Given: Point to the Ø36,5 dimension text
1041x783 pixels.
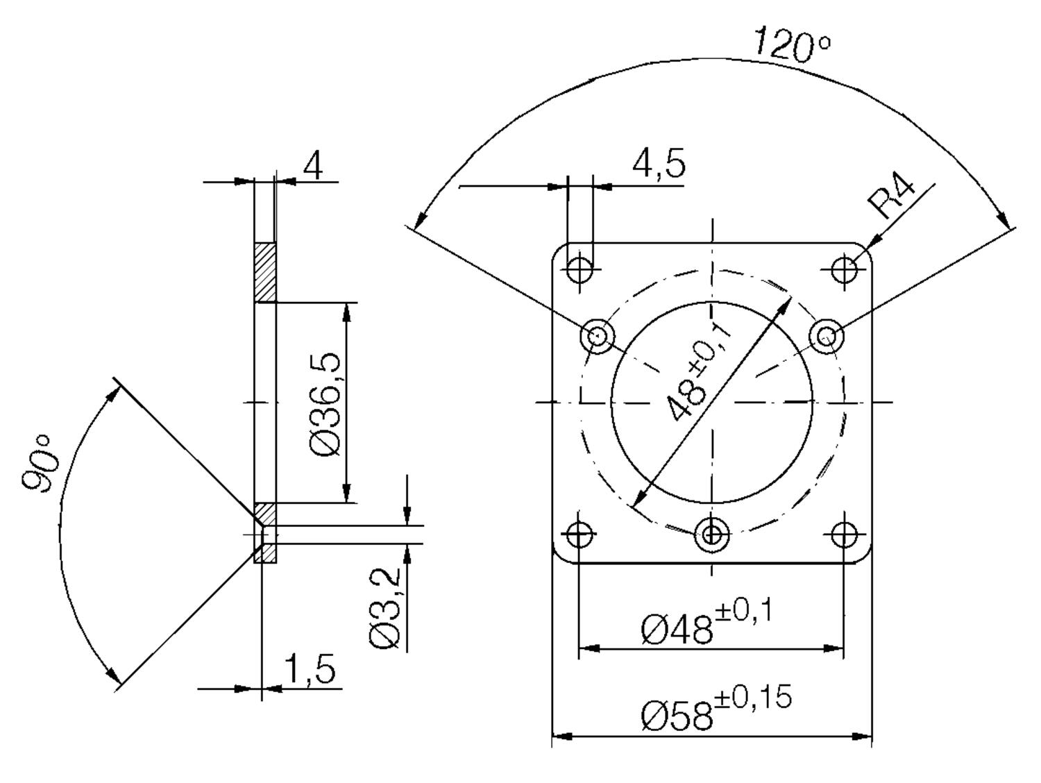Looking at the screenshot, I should click(326, 404).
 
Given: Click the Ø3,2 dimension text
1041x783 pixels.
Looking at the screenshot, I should click(386, 608).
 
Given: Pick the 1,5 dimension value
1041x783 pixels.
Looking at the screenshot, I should click(310, 669).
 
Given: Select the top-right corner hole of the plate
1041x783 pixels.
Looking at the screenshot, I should click(845, 269).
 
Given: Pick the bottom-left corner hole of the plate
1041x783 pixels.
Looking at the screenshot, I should click(578, 534).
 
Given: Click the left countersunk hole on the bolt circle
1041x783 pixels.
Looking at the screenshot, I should click(597, 337).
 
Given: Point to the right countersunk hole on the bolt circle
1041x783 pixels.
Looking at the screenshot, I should click(826, 337).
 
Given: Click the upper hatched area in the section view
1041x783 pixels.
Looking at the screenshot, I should click(264, 271).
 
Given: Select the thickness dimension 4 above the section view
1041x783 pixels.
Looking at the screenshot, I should click(314, 167).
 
